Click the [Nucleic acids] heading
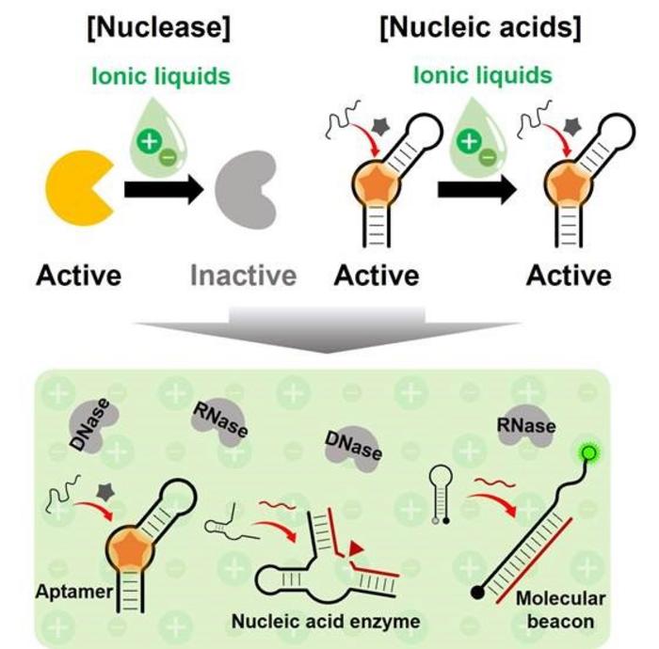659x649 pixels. click(480, 28)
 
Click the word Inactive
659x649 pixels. click(244, 275)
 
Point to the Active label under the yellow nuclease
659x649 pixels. click(79, 275)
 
